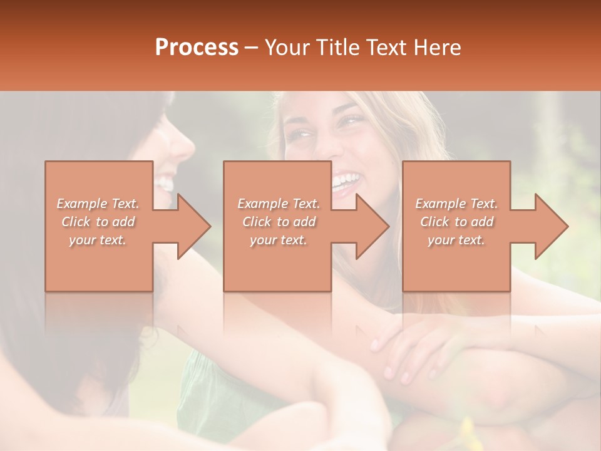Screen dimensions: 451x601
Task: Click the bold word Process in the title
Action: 197,47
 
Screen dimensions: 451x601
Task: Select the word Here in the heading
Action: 436,47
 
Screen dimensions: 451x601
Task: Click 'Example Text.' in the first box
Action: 98,204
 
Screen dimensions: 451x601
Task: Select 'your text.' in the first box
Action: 98,240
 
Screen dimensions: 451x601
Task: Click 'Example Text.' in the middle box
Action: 279,204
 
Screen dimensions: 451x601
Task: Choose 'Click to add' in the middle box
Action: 279,222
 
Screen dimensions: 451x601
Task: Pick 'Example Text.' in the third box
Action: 456,204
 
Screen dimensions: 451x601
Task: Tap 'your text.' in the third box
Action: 456,240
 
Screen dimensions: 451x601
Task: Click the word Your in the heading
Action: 286,47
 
